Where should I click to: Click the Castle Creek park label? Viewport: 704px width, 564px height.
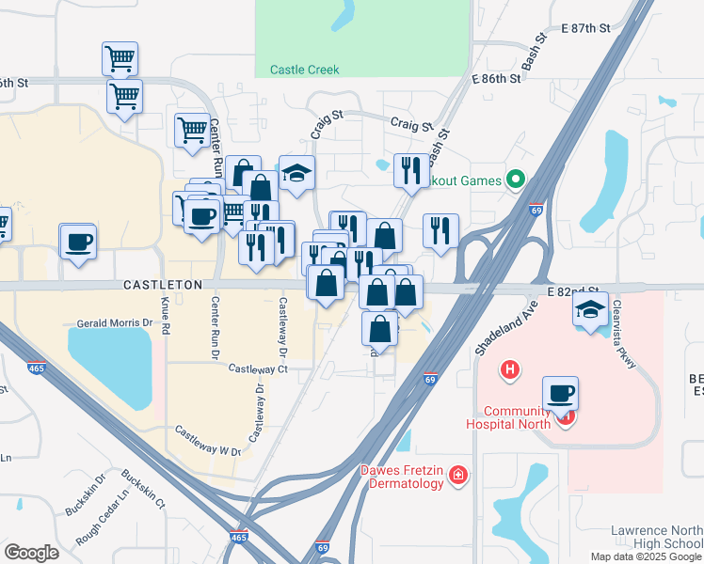[x=304, y=70]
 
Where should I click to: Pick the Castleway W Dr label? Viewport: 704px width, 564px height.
[x=204, y=451]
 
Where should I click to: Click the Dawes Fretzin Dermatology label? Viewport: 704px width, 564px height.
[x=401, y=477]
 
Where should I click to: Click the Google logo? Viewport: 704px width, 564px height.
[x=32, y=552]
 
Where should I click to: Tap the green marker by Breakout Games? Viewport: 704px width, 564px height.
[x=515, y=179]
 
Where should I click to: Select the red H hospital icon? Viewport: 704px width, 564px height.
[x=509, y=370]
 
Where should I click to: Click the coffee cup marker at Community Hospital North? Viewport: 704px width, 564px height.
[x=560, y=395]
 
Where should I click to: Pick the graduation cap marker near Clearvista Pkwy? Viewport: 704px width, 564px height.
[x=590, y=311]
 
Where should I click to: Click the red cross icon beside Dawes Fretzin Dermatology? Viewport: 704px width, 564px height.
[x=457, y=476]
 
